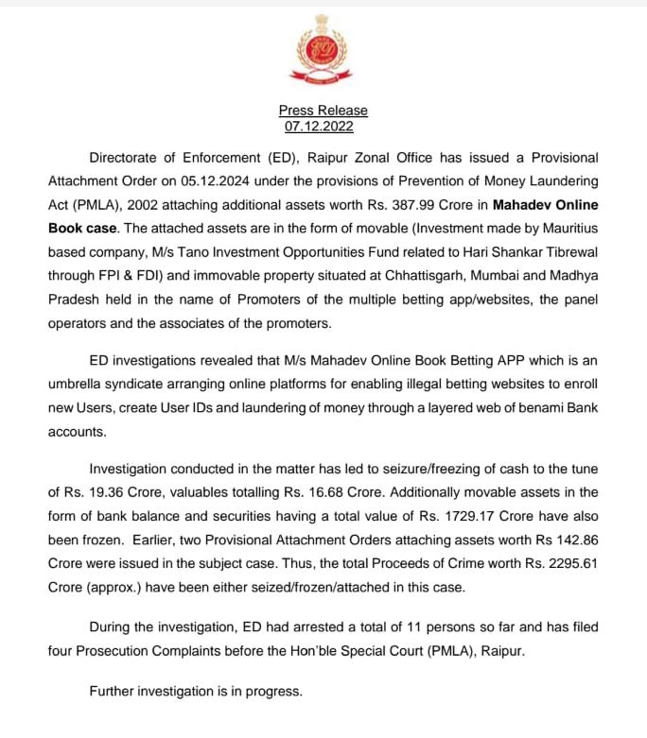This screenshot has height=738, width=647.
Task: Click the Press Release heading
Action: pyautogui.click(x=323, y=111)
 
